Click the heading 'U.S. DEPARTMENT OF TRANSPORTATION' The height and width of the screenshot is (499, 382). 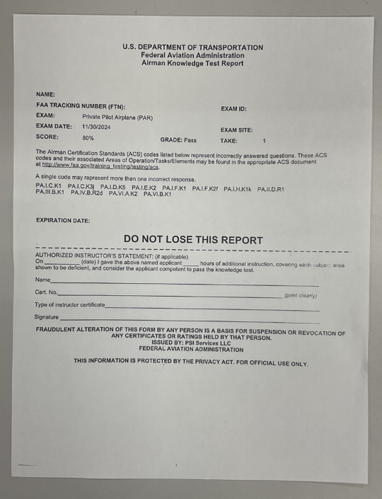point(192,47)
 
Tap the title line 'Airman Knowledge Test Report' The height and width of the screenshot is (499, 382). point(192,63)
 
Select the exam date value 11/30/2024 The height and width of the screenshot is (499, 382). point(98,127)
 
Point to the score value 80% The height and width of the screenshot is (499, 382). point(88,137)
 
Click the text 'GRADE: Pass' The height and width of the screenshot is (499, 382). point(178,140)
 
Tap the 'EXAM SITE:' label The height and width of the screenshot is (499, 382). point(236,130)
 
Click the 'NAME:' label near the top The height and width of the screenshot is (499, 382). point(45,94)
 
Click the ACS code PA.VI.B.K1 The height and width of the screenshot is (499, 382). point(157,194)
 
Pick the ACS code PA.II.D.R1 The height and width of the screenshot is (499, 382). point(270,189)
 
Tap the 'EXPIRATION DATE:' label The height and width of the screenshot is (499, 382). point(63,221)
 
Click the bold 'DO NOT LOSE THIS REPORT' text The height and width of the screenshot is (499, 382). point(193,240)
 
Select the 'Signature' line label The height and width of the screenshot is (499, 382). point(47,317)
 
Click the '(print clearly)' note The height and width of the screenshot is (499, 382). point(300,295)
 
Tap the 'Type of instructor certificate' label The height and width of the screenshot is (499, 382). point(69,304)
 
